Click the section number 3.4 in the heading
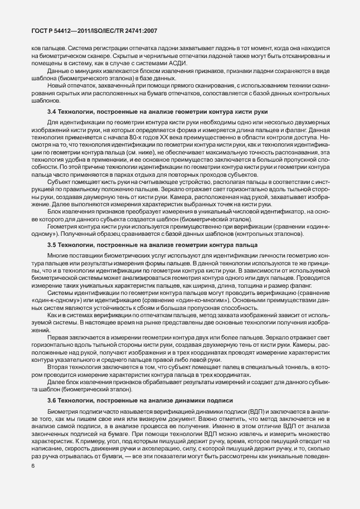pyautogui.click(x=52, y=112)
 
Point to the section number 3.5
pyautogui.click(x=52, y=245)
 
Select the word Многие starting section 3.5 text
pyautogui.click(x=57, y=255)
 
